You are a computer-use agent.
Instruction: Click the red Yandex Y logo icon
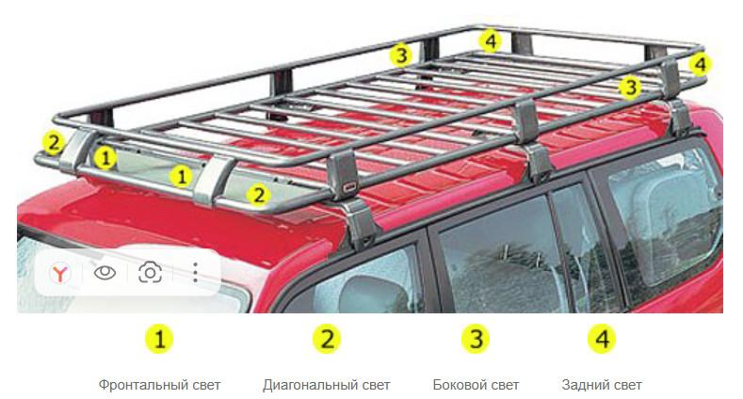[x=60, y=273]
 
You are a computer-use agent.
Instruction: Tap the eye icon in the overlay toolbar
[x=105, y=273]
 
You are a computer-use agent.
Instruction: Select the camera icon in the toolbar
[x=151, y=273]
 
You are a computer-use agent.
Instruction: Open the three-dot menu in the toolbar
[x=195, y=273]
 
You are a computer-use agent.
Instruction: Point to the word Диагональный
[x=311, y=385]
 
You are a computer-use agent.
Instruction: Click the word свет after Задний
[x=627, y=385]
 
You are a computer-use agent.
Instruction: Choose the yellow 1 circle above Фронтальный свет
[x=159, y=339]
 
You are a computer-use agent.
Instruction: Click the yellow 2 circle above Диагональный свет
[x=327, y=339]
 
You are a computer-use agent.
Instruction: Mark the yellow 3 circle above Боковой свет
[x=476, y=339]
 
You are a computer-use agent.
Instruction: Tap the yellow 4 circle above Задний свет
[x=602, y=339]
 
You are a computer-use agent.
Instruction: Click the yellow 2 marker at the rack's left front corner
[x=53, y=142]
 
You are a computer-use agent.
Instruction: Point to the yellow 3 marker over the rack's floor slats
[x=630, y=87]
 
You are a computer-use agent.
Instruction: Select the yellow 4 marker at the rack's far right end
[x=701, y=64]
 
